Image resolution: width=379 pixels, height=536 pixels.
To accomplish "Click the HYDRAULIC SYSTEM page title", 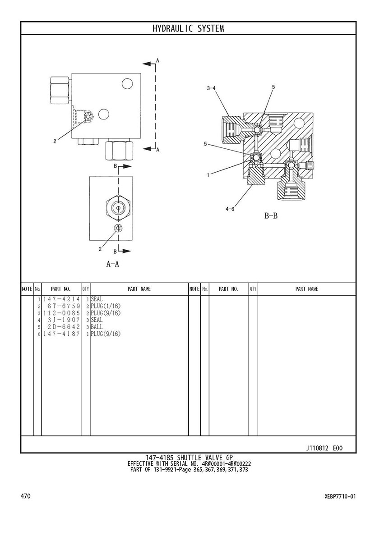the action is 188,28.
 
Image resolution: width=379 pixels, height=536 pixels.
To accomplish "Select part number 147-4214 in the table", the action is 61,299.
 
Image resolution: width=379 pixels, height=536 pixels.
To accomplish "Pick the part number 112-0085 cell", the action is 61,313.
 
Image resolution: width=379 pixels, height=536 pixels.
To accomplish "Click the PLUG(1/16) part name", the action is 106,306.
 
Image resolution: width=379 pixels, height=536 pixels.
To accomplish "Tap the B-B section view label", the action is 271,215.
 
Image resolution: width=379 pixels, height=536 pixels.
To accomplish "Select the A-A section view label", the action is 112,264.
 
